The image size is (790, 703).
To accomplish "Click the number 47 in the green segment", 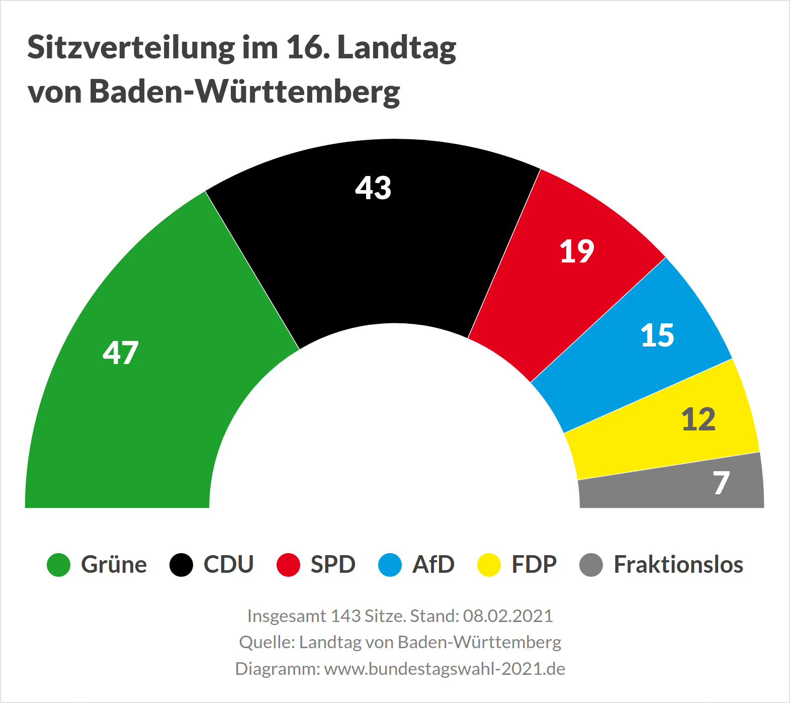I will pyautogui.click(x=120, y=353).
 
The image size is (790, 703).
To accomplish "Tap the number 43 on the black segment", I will pyautogui.click(x=373, y=188).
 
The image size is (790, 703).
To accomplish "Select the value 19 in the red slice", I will pyautogui.click(x=577, y=251).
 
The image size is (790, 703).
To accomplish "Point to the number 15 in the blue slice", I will pyautogui.click(x=657, y=335).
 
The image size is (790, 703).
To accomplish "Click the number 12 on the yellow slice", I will pyautogui.click(x=698, y=419).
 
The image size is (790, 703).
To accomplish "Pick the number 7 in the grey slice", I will pyautogui.click(x=721, y=483).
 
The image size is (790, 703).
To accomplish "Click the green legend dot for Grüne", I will pyautogui.click(x=58, y=565).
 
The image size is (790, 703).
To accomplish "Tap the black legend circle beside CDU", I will pyautogui.click(x=181, y=565).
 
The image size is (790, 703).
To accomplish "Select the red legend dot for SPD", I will pyautogui.click(x=288, y=565).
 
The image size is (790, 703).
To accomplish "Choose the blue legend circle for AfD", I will pyautogui.click(x=390, y=565).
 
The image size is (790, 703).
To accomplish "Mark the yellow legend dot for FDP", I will pyautogui.click(x=489, y=565).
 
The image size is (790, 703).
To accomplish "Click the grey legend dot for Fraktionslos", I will pyautogui.click(x=591, y=565).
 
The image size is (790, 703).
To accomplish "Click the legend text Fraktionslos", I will pyautogui.click(x=678, y=565).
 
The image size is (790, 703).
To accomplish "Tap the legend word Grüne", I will pyautogui.click(x=114, y=565).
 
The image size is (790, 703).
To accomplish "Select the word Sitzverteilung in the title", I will pyautogui.click(x=131, y=48).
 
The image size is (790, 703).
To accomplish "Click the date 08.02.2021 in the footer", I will pyautogui.click(x=508, y=616).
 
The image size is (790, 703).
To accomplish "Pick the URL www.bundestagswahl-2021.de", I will pyautogui.click(x=445, y=669).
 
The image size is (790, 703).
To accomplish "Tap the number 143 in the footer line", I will pyautogui.click(x=346, y=616).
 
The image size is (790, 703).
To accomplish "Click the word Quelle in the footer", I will pyautogui.click(x=266, y=643).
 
